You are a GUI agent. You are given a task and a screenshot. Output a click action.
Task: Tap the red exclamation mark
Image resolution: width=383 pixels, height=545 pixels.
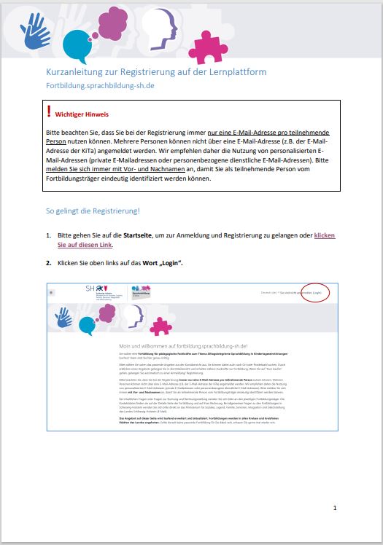48,112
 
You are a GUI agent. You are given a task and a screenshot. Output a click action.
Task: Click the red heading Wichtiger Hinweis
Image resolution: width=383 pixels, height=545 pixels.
82,114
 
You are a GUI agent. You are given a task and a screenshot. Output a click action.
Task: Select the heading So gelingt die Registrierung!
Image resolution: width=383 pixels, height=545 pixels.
93,211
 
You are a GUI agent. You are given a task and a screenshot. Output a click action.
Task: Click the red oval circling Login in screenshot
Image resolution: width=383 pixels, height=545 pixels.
314,292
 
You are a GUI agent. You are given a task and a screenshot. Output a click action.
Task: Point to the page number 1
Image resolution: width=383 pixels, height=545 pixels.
335,507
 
